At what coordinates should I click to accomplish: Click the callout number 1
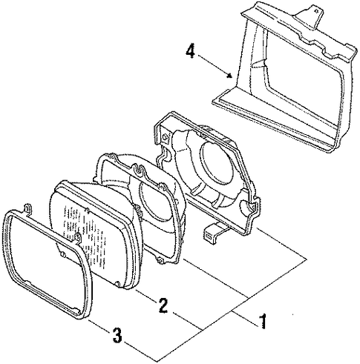(263, 321)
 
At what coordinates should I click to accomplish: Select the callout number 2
(163, 305)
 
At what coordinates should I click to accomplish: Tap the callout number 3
(117, 335)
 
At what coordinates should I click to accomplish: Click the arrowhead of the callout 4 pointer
(230, 76)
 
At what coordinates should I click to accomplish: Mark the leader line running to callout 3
(97, 325)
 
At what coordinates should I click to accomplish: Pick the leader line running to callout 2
(145, 294)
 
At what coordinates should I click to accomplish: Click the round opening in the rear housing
(217, 168)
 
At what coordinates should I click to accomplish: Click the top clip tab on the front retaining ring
(28, 209)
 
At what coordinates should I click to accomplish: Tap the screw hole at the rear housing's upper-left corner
(165, 136)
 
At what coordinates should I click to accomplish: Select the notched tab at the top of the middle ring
(139, 170)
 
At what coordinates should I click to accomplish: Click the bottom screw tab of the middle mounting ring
(160, 260)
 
